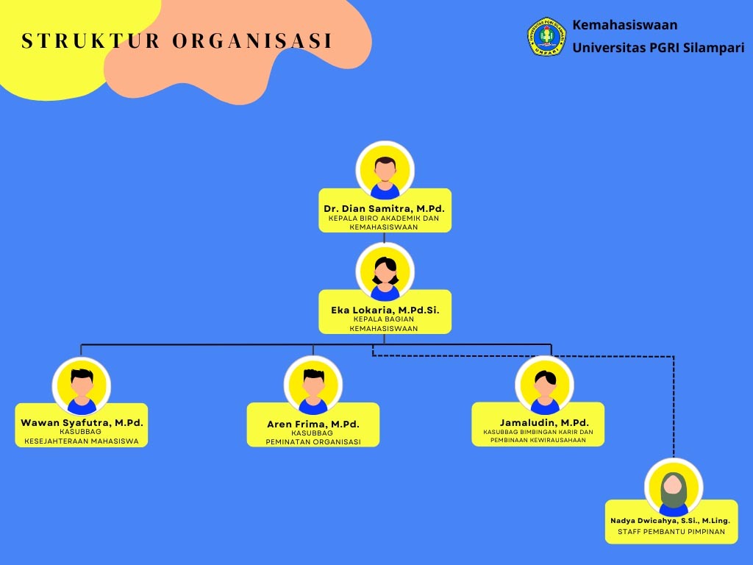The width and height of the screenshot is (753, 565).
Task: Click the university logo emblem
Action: [546, 37]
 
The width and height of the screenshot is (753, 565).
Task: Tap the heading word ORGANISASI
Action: [252, 41]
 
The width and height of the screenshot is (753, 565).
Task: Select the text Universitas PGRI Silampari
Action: [658, 48]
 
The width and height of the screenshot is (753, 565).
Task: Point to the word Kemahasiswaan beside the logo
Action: [625, 25]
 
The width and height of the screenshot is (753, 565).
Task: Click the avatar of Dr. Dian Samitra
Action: [385, 171]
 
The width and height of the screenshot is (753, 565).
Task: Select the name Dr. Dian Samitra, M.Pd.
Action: [385, 209]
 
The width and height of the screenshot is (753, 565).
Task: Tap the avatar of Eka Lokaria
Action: [385, 272]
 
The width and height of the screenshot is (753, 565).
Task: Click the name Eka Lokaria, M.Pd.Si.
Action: [385, 310]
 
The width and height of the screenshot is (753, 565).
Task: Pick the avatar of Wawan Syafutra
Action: [82, 386]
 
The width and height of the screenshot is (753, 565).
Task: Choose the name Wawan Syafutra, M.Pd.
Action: [82, 423]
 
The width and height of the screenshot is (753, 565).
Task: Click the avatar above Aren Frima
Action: [313, 386]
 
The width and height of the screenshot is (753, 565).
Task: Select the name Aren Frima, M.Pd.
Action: [313, 424]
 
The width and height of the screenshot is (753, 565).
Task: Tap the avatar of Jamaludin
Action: [544, 385]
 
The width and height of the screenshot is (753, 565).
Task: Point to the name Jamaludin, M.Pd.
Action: [544, 423]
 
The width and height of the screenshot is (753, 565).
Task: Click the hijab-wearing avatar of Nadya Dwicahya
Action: [673, 488]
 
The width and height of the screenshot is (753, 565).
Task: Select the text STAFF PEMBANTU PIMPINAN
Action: [671, 532]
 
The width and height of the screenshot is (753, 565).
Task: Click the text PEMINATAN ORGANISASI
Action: [313, 442]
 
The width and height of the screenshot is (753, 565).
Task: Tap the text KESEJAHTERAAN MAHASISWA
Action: [82, 441]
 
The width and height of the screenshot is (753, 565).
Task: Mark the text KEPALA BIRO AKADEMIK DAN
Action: [384, 218]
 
